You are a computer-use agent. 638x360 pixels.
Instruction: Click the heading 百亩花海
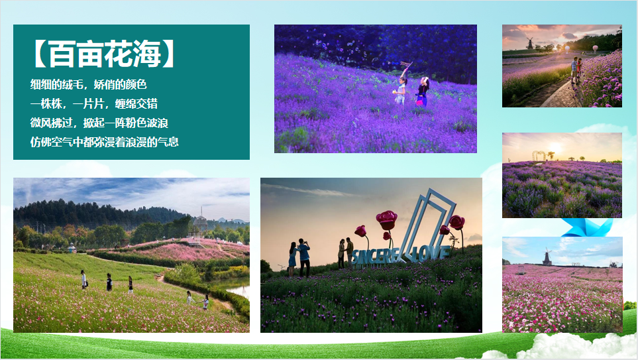(x=104, y=54)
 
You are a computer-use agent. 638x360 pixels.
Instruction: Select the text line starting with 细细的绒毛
(x=88, y=84)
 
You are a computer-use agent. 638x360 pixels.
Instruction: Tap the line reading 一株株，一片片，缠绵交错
(x=93, y=103)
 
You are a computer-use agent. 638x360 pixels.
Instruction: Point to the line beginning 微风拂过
(x=99, y=123)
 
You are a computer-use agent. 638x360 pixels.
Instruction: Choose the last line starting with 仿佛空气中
(x=104, y=142)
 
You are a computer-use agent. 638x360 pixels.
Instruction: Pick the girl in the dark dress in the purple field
(x=422, y=91)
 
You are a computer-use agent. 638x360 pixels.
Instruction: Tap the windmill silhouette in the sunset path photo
(x=529, y=43)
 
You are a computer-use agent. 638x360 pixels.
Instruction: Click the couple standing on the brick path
(x=576, y=70)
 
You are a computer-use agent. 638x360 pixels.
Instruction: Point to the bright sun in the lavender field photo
(x=555, y=147)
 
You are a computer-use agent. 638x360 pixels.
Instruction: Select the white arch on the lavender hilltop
(x=539, y=156)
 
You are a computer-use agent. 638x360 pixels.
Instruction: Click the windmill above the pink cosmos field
(x=547, y=257)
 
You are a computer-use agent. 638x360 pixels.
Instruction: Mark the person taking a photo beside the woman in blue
(x=304, y=257)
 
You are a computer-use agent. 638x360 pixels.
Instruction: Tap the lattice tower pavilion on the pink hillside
(x=200, y=225)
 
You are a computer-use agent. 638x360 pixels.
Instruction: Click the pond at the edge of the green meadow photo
(x=238, y=287)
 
